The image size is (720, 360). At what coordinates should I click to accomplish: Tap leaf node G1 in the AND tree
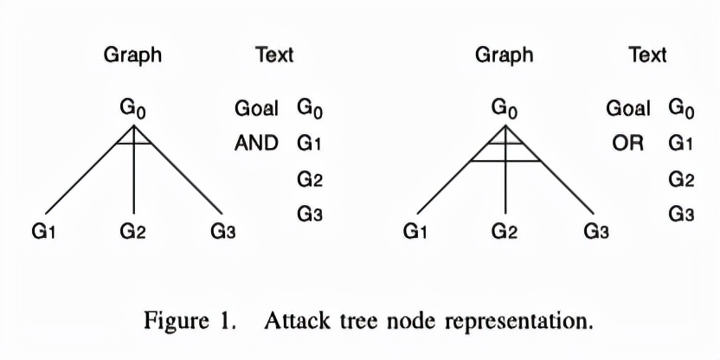pyautogui.click(x=43, y=231)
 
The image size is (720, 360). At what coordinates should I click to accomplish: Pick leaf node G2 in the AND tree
pyautogui.click(x=133, y=231)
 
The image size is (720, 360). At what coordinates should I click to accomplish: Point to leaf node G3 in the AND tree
pyautogui.click(x=222, y=231)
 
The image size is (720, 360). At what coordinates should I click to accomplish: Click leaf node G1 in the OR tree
pyautogui.click(x=415, y=231)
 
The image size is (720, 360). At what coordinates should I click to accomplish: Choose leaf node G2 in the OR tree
pyautogui.click(x=505, y=231)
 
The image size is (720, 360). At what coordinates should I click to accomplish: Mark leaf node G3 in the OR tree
pyautogui.click(x=595, y=231)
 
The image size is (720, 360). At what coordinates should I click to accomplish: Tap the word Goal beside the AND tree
pyautogui.click(x=256, y=108)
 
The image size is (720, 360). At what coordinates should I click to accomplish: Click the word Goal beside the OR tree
pyautogui.click(x=628, y=108)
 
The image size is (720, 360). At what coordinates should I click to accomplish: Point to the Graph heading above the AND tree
pyautogui.click(x=132, y=55)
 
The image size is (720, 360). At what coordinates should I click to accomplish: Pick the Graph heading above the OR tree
pyautogui.click(x=505, y=55)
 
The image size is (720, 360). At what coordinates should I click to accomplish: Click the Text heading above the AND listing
pyautogui.click(x=274, y=55)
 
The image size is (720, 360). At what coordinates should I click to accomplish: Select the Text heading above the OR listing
pyautogui.click(x=647, y=55)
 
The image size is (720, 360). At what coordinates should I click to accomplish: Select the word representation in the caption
pyautogui.click(x=518, y=322)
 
